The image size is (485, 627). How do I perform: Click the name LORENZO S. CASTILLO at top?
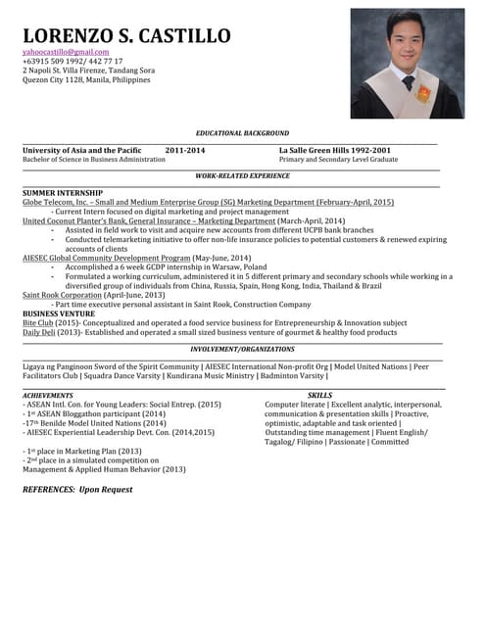(x=126, y=36)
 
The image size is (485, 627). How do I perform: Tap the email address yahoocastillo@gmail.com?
(x=66, y=51)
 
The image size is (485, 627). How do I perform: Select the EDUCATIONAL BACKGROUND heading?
(x=242, y=132)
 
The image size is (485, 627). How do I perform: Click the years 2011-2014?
(x=185, y=149)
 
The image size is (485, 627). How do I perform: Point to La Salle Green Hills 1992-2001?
(x=334, y=149)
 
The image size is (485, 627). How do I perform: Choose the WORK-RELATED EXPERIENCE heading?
(x=242, y=175)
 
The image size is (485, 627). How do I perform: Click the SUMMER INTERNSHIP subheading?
(x=63, y=193)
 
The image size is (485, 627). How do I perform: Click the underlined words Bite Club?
(x=38, y=322)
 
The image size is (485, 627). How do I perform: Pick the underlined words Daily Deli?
(x=39, y=332)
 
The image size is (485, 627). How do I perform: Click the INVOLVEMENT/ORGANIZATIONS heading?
(x=242, y=349)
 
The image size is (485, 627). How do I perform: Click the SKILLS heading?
(x=319, y=395)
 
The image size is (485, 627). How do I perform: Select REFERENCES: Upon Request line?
(x=77, y=488)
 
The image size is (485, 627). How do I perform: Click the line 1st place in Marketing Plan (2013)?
(x=83, y=451)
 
